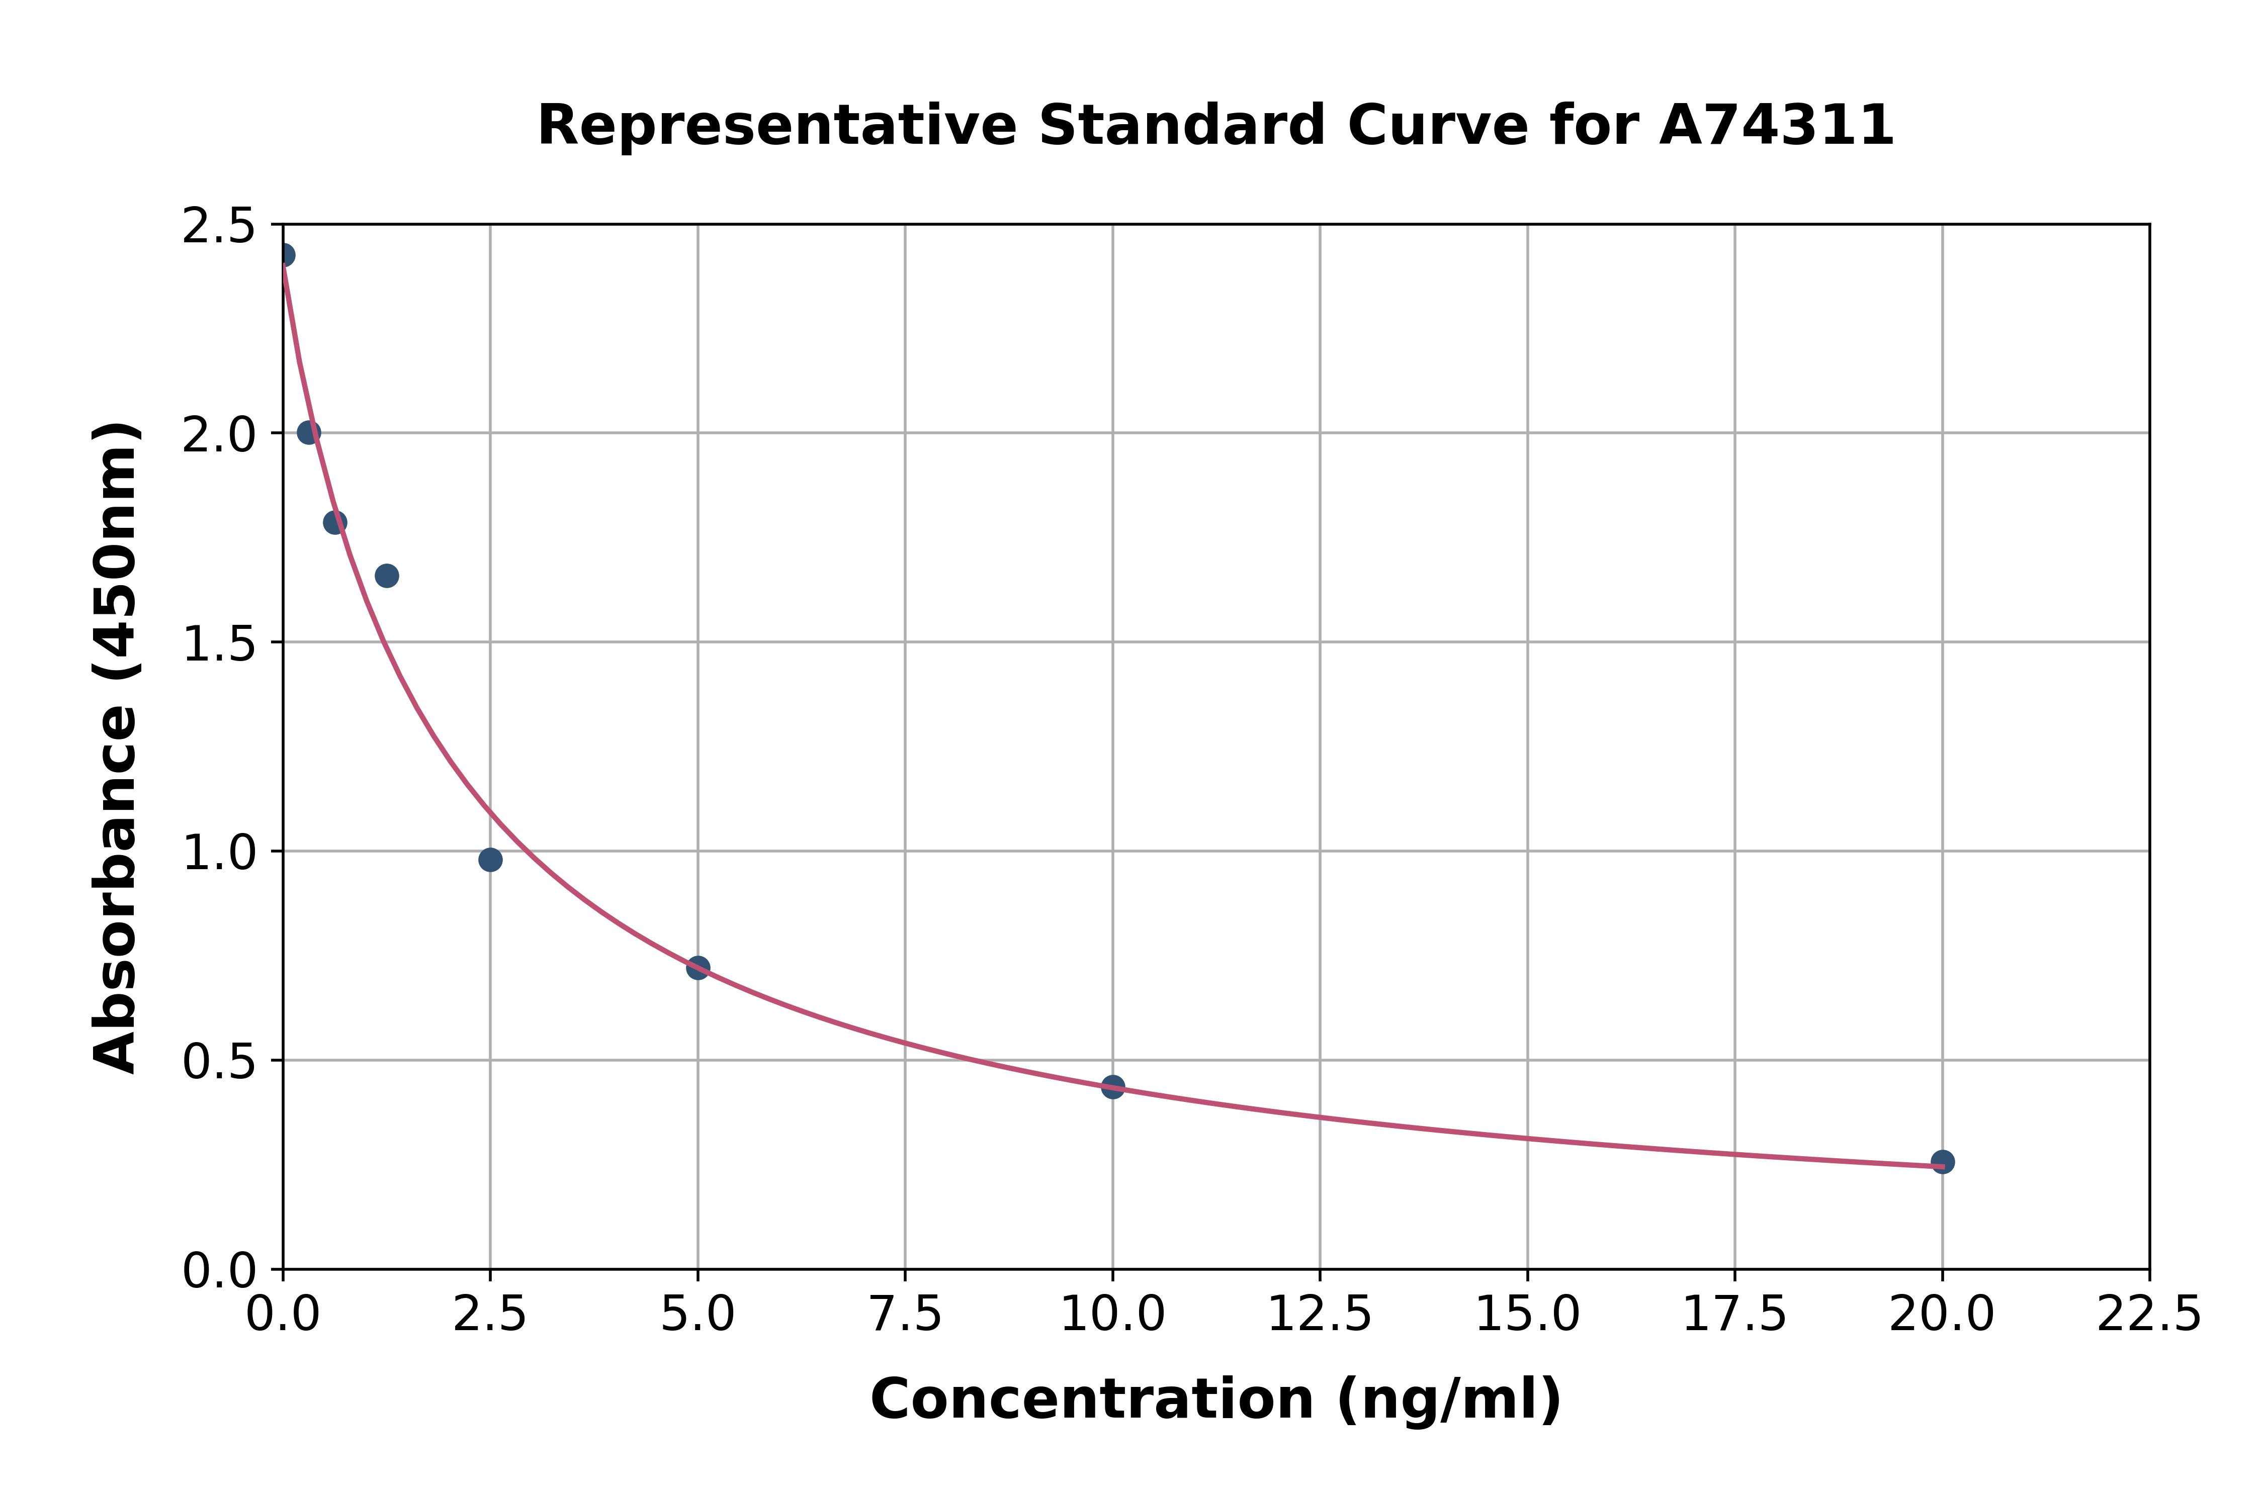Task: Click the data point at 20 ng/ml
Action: click(x=1942, y=1162)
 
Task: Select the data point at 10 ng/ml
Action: click(x=1112, y=1086)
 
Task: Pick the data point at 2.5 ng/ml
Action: click(x=490, y=860)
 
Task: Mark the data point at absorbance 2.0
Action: click(x=309, y=432)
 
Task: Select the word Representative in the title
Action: click(x=777, y=126)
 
